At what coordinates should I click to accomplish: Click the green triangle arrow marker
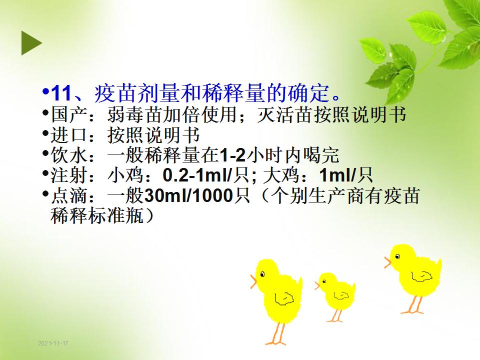pyautogui.click(x=30, y=43)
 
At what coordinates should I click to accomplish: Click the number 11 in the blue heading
pyautogui.click(x=61, y=93)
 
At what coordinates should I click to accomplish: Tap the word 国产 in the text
pyautogui.click(x=70, y=114)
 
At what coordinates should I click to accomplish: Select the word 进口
pyautogui.click(x=70, y=134)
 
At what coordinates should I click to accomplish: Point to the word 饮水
pyautogui.click(x=70, y=155)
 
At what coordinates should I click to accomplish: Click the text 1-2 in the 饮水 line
pyautogui.click(x=232, y=155)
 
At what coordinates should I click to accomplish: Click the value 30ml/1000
pyautogui.click(x=189, y=195)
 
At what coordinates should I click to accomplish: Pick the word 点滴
pyautogui.click(x=70, y=195)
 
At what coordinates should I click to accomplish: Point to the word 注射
pyautogui.click(x=70, y=175)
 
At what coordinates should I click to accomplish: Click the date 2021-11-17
pyautogui.click(x=53, y=343)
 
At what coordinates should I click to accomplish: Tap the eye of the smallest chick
pyautogui.click(x=324, y=281)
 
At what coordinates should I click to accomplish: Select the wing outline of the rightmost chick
pyautogui.click(x=421, y=276)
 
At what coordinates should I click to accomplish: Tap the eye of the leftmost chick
pyautogui.click(x=262, y=274)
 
